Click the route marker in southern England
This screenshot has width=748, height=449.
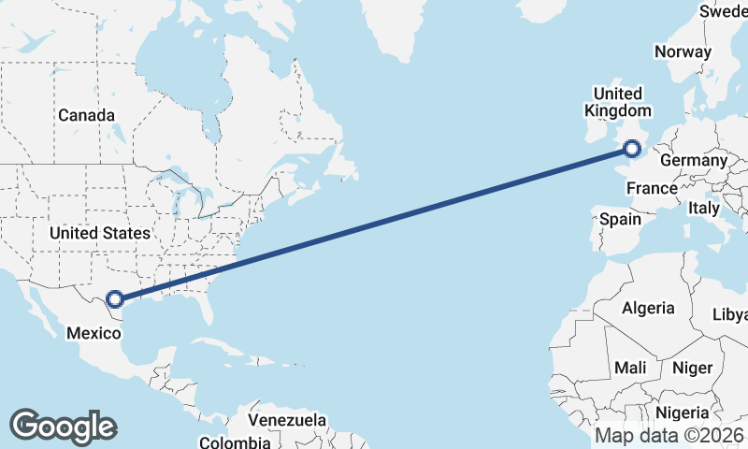pos(633,148)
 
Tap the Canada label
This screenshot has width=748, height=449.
pos(86,115)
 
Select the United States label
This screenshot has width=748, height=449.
pos(99,233)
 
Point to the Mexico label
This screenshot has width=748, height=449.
pos(93,332)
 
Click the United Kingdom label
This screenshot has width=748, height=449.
pos(617,102)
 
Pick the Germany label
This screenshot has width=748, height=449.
pos(693,161)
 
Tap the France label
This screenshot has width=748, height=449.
pos(652,188)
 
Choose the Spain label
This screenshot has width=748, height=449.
pos(620,220)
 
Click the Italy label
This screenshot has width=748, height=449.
pos(704,208)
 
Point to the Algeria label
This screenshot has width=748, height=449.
pos(648,308)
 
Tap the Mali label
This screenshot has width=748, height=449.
pos(630,368)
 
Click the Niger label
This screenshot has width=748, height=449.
pos(692,368)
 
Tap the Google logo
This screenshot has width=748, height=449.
pos(63,427)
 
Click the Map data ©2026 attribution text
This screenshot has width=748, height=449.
pos(669,436)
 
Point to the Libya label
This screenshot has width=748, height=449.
pos(731,314)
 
